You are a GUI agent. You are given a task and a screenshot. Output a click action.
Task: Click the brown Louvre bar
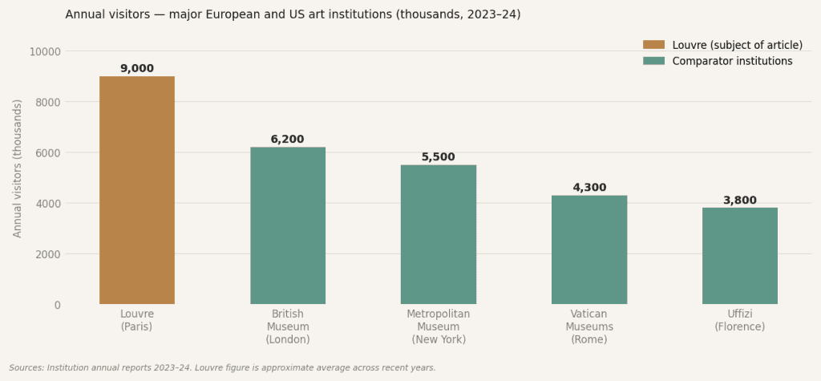137,190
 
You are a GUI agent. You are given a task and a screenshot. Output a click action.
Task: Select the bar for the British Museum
288,225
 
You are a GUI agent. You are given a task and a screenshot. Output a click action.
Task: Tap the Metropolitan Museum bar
439,234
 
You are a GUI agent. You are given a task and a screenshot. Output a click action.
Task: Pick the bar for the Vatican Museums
589,249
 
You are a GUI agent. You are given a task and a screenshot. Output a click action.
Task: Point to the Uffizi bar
740,256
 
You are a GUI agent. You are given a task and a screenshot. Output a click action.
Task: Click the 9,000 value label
137,69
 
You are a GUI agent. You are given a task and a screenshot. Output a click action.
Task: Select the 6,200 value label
288,140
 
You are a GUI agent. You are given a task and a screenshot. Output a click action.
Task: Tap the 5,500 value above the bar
439,157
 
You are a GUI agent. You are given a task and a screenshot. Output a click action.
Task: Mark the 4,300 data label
589,188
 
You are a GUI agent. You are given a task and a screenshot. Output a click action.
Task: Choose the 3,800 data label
740,201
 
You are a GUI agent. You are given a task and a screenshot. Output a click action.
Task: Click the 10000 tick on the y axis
45,51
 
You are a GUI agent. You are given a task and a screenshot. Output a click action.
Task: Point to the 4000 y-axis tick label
48,204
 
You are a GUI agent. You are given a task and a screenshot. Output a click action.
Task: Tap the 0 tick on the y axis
58,305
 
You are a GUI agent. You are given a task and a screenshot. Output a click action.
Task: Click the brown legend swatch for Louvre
653,45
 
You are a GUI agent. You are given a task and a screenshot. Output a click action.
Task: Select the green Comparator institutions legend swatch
653,61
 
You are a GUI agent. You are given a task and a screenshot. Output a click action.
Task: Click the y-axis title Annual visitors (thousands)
18,168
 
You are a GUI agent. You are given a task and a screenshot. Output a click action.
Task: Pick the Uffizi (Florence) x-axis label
740,320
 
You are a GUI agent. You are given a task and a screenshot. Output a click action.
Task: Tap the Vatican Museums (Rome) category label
589,326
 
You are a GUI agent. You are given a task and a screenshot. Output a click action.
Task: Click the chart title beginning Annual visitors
293,14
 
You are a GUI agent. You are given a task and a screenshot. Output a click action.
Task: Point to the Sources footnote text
222,368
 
